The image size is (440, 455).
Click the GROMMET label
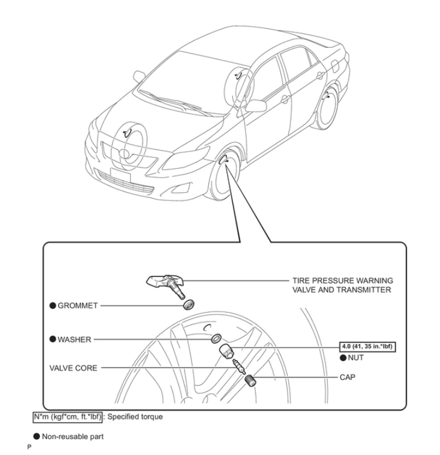79,306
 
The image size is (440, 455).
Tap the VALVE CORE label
73,368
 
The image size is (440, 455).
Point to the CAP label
347,377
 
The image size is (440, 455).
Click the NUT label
356,357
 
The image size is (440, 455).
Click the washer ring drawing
216,339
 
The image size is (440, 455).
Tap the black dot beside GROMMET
52,306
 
